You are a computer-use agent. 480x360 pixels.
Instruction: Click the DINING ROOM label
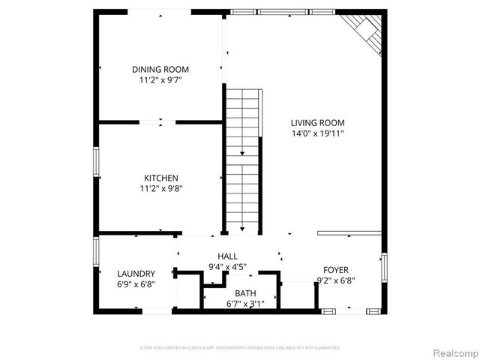[x=160, y=69]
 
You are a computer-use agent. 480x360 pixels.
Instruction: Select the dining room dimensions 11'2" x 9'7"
[x=160, y=79]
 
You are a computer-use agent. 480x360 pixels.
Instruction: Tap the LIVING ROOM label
[x=318, y=123]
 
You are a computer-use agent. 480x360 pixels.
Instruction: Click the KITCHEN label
[x=160, y=178]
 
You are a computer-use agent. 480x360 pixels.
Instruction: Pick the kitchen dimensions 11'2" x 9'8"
[x=160, y=188]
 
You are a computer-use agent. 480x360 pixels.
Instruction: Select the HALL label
[x=227, y=256]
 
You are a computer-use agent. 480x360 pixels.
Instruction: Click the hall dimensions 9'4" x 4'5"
[x=227, y=266]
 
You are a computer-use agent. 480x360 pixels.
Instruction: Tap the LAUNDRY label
[x=136, y=274]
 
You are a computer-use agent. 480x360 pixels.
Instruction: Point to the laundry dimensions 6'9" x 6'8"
[x=136, y=284]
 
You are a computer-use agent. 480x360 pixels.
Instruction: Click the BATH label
[x=245, y=293]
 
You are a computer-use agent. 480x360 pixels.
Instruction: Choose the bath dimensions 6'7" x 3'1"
[x=245, y=304]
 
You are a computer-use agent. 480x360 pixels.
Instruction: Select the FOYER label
[x=335, y=270]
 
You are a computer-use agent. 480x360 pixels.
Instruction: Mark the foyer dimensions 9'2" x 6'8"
[x=335, y=281]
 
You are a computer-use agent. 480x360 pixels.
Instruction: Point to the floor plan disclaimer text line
[x=240, y=348]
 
